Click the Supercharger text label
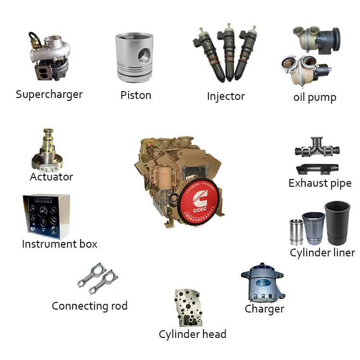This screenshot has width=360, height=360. pos(49,94)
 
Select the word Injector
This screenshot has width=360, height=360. pos(226,96)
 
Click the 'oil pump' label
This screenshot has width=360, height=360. pos(314,97)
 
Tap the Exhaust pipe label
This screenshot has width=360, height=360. pos(320,183)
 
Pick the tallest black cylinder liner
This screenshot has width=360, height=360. pos(337,223)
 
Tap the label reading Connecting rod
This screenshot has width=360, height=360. pos(89,306)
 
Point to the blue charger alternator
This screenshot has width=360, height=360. pos(262,282)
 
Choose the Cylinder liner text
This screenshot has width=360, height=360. pos(322,252)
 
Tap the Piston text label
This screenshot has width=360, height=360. pos(136,95)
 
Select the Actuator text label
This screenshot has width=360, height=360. pos(51,177)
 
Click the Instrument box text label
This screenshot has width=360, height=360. pos(60,244)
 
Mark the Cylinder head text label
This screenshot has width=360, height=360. pos(192,334)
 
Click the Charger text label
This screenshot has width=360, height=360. pos(264,309)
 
